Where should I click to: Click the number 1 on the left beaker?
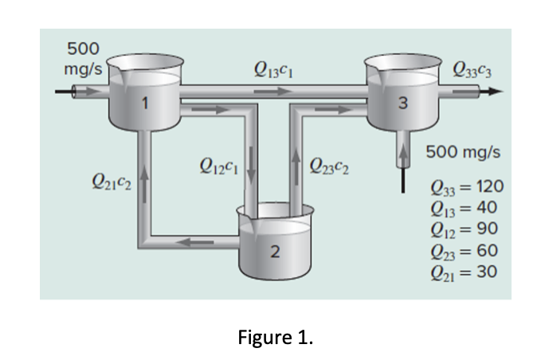click(144, 102)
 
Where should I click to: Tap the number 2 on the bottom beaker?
click(274, 252)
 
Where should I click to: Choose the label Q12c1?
click(218, 166)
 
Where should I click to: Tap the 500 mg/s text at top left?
click(82, 58)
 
